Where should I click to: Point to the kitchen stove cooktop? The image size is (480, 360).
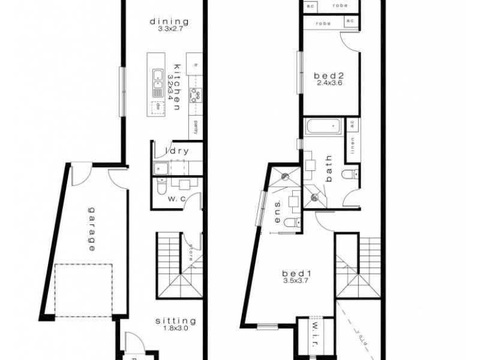tap(195, 94)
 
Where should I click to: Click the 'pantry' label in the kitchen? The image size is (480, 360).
tap(196, 127)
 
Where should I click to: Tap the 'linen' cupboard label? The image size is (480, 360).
tap(353, 145)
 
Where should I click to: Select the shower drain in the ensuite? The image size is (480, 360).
tap(286, 177)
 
